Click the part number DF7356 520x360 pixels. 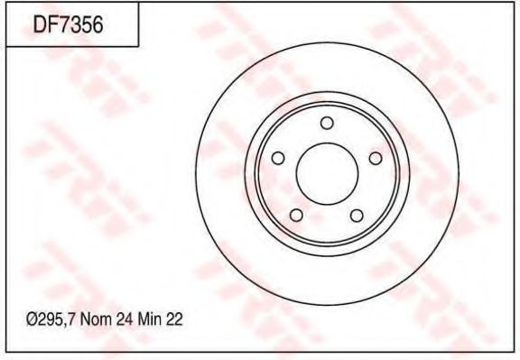[69, 24]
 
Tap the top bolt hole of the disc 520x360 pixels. [327, 123]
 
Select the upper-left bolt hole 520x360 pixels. [278, 158]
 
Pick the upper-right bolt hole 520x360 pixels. [376, 158]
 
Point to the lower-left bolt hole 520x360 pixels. [296, 215]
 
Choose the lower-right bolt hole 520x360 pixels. [357, 216]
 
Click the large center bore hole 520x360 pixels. [328, 174]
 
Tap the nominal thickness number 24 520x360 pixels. [125, 320]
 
